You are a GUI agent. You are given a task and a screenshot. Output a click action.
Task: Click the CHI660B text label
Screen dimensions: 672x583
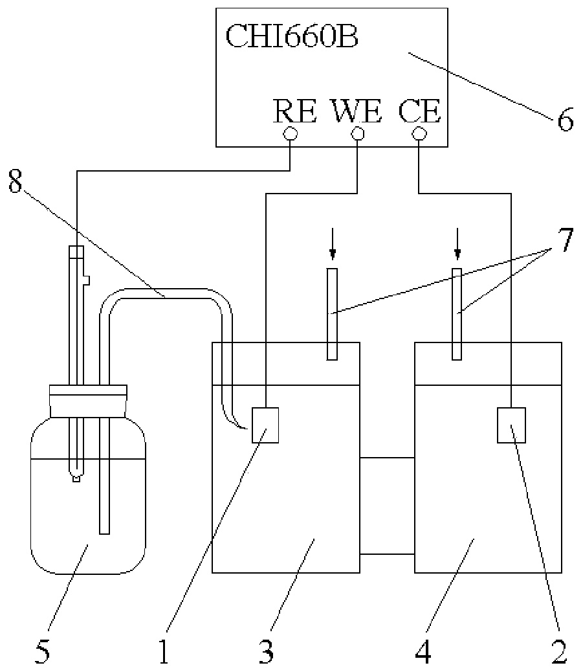tap(292, 36)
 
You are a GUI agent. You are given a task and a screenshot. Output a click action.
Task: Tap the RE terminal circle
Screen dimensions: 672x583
tap(289, 135)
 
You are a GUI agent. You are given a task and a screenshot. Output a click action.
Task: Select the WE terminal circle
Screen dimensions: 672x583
tap(357, 135)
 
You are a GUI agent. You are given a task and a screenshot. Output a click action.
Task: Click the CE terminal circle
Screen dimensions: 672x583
tap(419, 135)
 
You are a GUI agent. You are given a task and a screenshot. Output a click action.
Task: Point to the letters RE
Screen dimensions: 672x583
tap(295, 111)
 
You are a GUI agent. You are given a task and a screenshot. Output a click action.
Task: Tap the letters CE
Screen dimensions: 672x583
tap(419, 111)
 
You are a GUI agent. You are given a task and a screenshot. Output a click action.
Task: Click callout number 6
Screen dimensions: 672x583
tap(565, 119)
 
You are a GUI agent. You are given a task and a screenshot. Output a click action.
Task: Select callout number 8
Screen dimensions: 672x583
tap(16, 183)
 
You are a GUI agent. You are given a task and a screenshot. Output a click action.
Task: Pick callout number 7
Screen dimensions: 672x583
tap(566, 241)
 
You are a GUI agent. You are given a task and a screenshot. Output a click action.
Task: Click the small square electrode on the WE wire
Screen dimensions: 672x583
tap(265, 425)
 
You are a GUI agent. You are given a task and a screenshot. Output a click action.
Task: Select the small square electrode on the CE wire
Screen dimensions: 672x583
tap(511, 425)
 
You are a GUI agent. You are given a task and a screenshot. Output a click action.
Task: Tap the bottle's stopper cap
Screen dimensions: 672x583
tap(88, 401)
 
